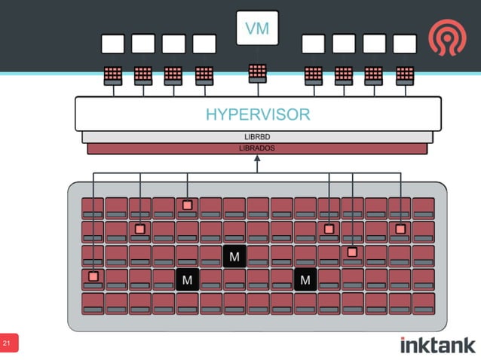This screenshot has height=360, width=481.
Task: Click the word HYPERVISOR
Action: click(x=257, y=115)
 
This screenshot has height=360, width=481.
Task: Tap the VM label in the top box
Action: click(x=257, y=29)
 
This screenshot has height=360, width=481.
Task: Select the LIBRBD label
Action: click(x=257, y=137)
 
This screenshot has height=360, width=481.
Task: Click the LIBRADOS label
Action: click(x=256, y=148)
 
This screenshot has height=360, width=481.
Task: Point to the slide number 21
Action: click(x=8, y=343)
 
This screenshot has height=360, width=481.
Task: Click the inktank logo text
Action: click(x=437, y=345)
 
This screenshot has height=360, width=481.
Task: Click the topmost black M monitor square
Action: click(x=234, y=257)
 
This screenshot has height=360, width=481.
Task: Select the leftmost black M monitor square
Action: click(x=187, y=280)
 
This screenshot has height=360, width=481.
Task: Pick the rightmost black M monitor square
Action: click(x=305, y=280)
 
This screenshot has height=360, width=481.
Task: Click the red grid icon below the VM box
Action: click(x=257, y=72)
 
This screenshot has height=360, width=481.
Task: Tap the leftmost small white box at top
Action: click(x=113, y=44)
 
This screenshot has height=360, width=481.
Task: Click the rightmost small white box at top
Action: click(x=405, y=44)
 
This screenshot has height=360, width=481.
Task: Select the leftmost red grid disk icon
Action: click(x=113, y=75)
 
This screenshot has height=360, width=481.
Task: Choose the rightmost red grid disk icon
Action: click(x=405, y=75)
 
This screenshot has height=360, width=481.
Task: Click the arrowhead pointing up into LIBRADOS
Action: click(x=257, y=159)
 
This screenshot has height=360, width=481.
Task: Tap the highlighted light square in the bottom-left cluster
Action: click(x=93, y=276)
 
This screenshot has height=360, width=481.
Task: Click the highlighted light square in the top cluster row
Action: click(x=187, y=205)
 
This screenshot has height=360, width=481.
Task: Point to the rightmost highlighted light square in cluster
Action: click(x=400, y=229)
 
